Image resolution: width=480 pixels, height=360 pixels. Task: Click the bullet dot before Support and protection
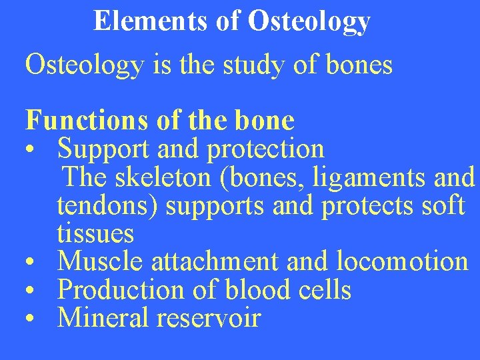(31, 150)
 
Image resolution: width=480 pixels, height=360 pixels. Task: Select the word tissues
(95, 234)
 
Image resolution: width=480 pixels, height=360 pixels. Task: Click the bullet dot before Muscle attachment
(31, 262)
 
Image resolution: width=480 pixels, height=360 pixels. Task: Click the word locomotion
(403, 261)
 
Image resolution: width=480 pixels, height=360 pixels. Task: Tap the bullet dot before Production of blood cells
(31, 291)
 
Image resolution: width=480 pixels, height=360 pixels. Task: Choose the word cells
(324, 290)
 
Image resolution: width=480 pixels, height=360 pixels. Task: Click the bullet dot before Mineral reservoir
(31, 319)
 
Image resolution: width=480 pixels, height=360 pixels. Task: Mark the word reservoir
(209, 318)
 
